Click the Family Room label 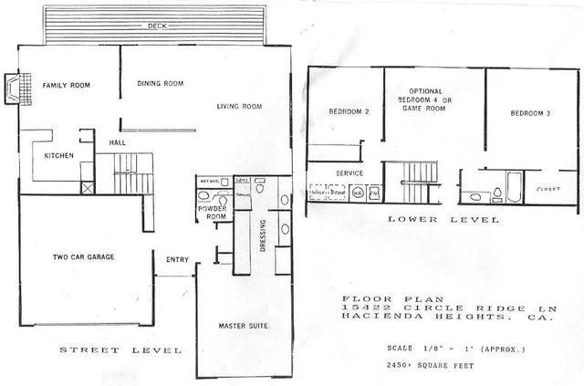pos(64,86)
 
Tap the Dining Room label pos(162,84)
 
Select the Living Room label pos(239,107)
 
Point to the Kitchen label pos(58,156)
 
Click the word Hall pos(118,143)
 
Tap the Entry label pos(177,261)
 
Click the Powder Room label pos(212,212)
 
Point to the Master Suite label pos(242,326)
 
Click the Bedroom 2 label pos(348,112)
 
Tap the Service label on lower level pos(350,172)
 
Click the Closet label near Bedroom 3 pos(548,189)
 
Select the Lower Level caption pos(443,220)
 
